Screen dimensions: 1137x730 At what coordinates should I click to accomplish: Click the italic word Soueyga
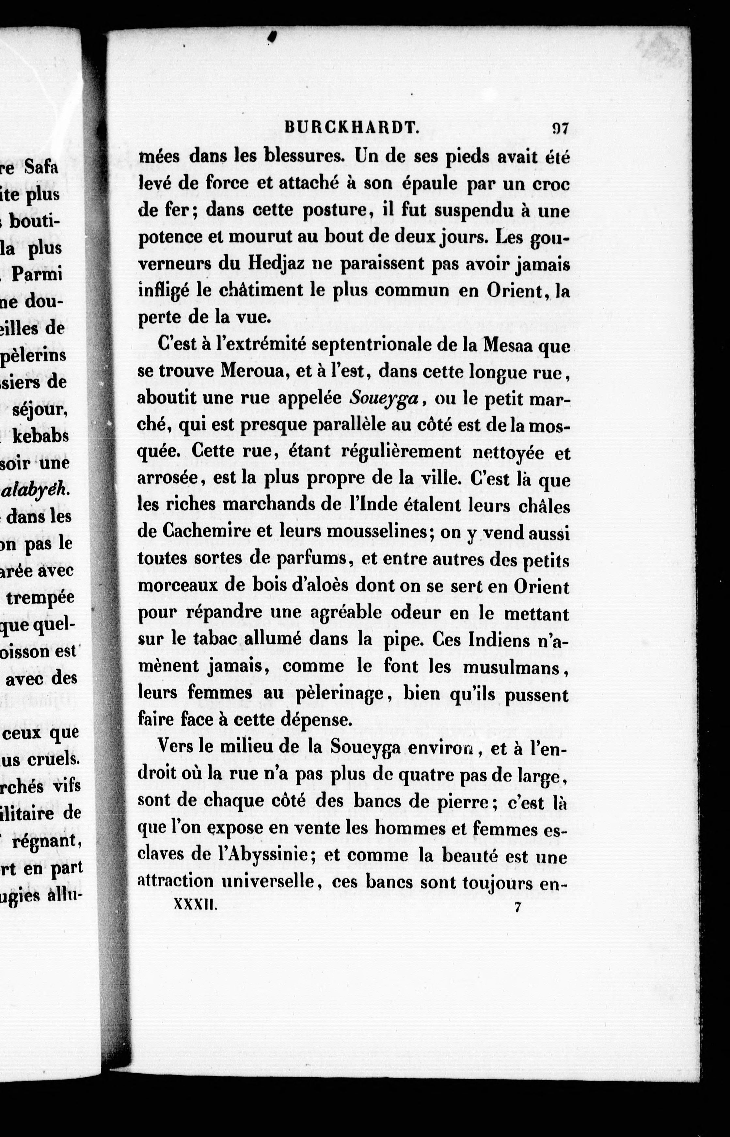coord(384,398)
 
